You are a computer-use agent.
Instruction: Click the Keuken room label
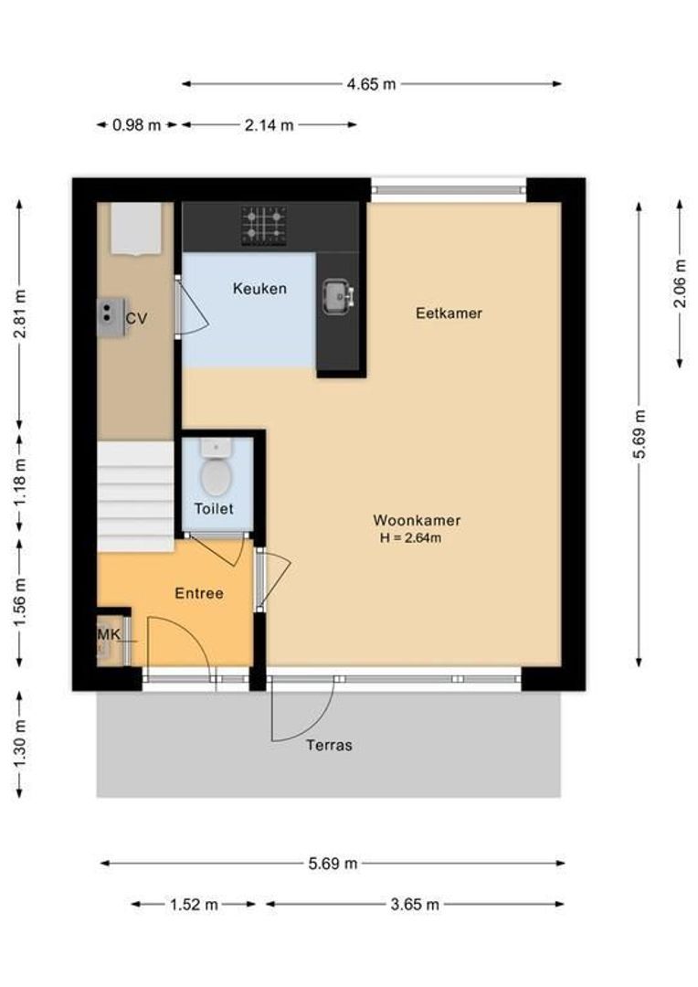(259, 289)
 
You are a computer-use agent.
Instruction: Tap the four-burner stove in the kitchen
(263, 226)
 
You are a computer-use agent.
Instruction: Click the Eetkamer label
(449, 313)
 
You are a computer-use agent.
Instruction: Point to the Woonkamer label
(417, 520)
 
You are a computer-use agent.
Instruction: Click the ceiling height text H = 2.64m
(411, 538)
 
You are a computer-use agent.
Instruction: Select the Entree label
(199, 593)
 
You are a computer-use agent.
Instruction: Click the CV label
(136, 319)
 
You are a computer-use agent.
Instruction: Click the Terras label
(329, 745)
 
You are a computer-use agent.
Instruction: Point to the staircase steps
(135, 496)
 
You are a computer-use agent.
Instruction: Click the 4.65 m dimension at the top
(371, 84)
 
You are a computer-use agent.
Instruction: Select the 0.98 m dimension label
(136, 125)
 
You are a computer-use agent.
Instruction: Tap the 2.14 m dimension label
(269, 125)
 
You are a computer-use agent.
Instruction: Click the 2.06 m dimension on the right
(680, 282)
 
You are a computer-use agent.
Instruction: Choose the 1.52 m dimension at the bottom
(194, 905)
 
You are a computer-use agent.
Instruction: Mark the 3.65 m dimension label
(415, 905)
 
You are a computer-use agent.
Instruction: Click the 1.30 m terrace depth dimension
(20, 744)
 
